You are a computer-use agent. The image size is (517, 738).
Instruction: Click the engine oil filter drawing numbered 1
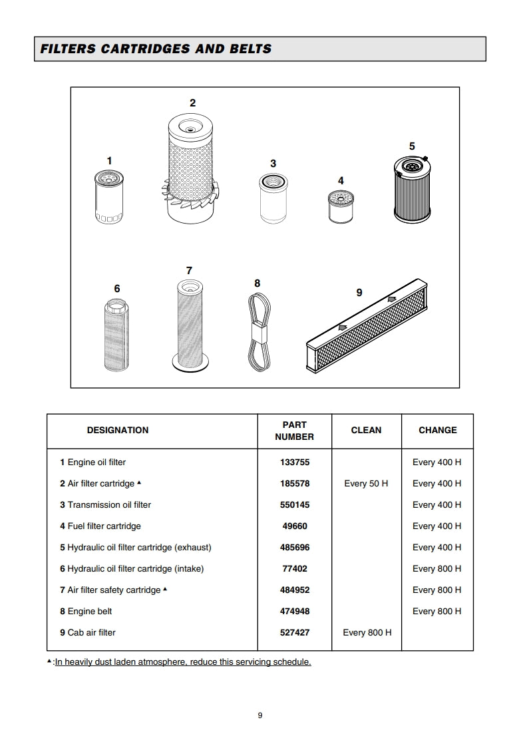[109, 197]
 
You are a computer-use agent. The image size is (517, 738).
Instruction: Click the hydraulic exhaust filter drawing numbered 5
[411, 188]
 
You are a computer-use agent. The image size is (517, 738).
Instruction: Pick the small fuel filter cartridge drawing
[341, 207]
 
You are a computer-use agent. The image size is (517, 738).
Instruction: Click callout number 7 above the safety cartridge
[189, 271]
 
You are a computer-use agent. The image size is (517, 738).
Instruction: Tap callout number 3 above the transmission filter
[273, 164]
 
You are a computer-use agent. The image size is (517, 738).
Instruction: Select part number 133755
[295, 462]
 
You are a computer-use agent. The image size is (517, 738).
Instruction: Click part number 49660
[295, 526]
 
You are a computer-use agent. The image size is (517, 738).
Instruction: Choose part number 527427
[295, 633]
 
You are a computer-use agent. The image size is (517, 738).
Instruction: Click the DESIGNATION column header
[118, 431]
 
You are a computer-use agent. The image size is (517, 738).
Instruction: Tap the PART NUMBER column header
[294, 431]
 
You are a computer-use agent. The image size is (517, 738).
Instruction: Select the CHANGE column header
[437, 431]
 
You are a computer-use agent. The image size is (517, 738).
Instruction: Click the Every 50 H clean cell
[366, 484]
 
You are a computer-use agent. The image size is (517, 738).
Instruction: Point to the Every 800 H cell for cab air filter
[367, 633]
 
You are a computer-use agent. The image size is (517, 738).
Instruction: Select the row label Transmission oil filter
[109, 505]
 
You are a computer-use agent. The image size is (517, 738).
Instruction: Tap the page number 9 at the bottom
[260, 716]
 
